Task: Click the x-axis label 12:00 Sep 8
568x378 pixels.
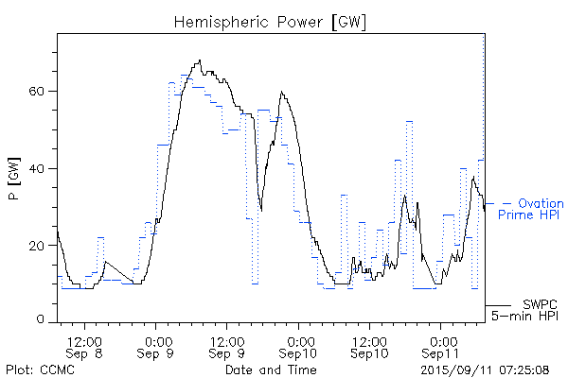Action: coord(85,346)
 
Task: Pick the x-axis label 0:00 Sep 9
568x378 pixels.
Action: coord(157,346)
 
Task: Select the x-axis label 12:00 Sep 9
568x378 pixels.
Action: coord(228,346)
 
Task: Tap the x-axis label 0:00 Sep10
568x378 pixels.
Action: coord(300,346)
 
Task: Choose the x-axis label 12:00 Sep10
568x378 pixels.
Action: coord(370,346)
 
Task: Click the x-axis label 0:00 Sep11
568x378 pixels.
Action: coord(441,346)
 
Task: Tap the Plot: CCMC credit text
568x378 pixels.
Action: coord(36,369)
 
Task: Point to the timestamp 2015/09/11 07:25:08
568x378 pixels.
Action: coord(486,369)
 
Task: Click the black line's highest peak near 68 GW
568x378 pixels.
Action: coord(199,61)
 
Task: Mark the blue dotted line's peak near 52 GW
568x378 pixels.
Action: coord(409,122)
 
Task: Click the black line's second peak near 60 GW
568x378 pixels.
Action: coord(281,92)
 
